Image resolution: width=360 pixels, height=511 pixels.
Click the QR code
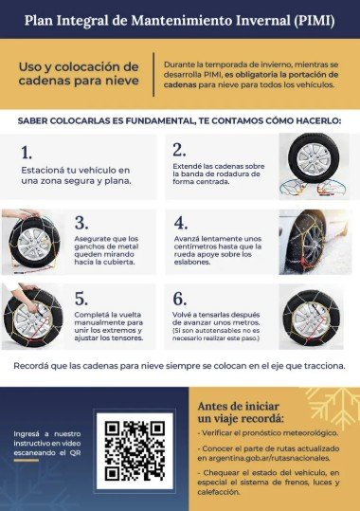tap(135, 450)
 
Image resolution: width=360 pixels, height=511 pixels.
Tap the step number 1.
tap(27, 153)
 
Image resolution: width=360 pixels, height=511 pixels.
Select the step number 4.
tap(181, 223)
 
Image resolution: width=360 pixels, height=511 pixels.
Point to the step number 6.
tap(179, 299)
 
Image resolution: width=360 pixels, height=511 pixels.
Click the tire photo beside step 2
tap(314, 166)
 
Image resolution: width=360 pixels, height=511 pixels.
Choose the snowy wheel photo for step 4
tap(315, 242)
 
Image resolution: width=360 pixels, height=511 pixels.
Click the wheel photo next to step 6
tap(311, 317)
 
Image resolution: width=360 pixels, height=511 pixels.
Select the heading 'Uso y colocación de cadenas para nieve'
tap(79, 74)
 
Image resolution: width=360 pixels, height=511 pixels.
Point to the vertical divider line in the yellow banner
tap(153, 74)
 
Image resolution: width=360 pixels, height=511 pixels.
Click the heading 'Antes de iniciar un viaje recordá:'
tap(241, 412)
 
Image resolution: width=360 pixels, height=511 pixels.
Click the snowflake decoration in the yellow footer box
tap(333, 404)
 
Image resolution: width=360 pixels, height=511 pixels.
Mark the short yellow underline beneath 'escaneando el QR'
tap(27, 461)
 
